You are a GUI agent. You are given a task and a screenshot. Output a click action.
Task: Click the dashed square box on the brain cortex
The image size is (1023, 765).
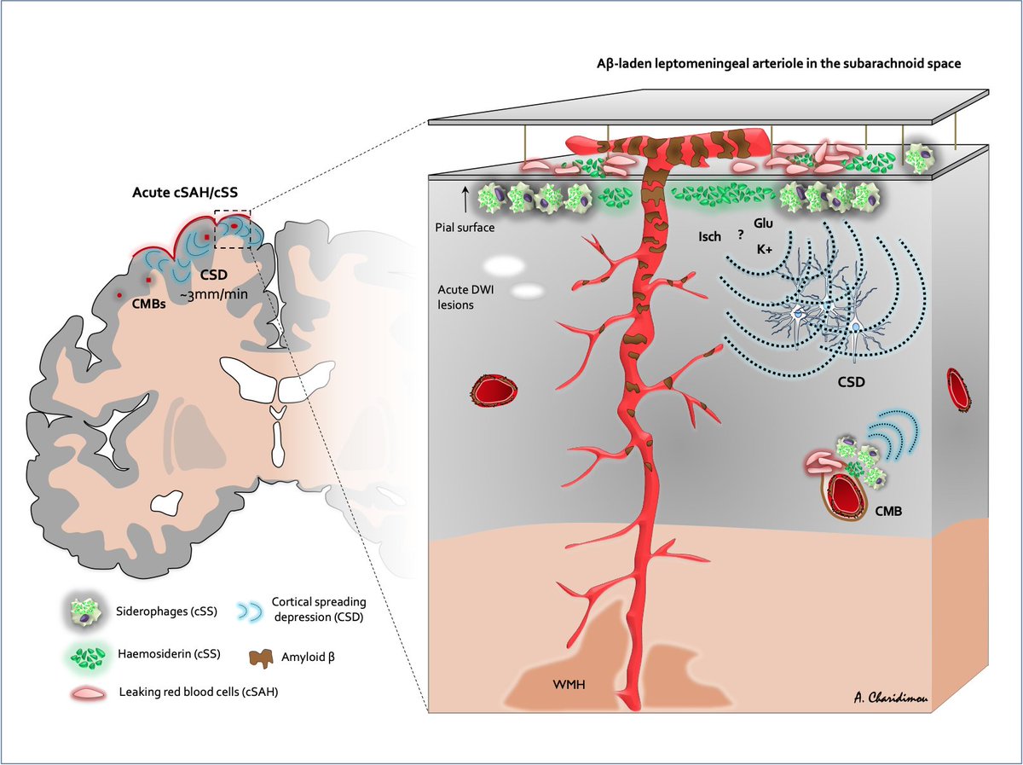pos(232,229)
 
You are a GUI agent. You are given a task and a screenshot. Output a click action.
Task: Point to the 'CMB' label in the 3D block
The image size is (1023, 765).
pos(893,512)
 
